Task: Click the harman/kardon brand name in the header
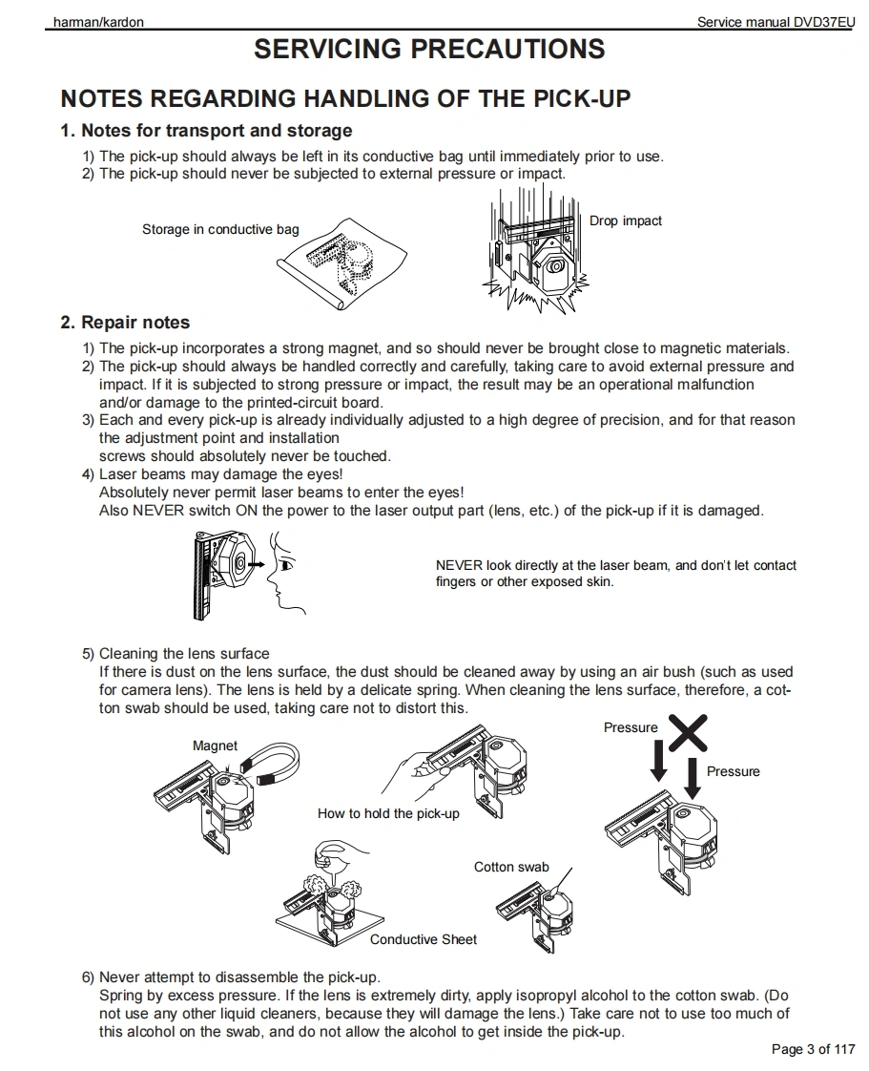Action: [98, 22]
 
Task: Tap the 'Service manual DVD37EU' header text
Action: [776, 22]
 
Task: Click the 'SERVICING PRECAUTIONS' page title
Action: [429, 50]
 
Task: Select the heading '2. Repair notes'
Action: [125, 323]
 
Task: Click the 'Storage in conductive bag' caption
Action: [220, 229]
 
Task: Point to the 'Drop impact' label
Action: [625, 220]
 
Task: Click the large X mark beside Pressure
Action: [687, 732]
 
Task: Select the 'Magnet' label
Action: [215, 745]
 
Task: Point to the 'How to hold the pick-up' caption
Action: [388, 813]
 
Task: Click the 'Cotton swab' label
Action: [511, 867]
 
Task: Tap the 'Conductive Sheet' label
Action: [424, 939]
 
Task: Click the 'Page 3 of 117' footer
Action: [813, 1050]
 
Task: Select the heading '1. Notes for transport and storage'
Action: [206, 131]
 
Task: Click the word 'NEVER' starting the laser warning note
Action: [459, 565]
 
